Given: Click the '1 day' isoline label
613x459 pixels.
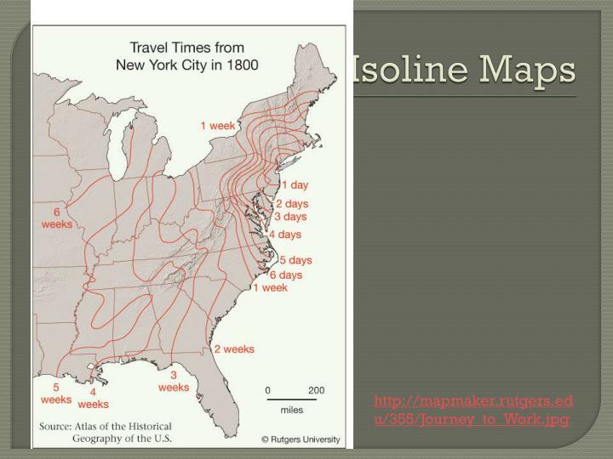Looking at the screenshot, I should (x=295, y=185).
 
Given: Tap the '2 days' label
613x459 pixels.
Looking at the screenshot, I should (x=291, y=204).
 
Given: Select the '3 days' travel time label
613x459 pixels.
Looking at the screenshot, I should (x=289, y=217).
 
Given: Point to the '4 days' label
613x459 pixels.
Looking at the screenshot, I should (x=285, y=235).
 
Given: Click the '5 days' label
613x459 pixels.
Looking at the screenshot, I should (x=295, y=260).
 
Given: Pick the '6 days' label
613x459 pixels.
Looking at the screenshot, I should (x=286, y=275).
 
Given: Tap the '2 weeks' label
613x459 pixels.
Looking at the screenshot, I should (x=233, y=349).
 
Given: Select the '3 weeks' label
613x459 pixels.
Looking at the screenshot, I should (x=174, y=381).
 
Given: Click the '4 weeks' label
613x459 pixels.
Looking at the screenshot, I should (x=93, y=398).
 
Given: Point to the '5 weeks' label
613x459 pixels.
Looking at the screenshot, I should (x=56, y=393).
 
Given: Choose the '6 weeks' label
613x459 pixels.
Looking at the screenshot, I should (x=57, y=218).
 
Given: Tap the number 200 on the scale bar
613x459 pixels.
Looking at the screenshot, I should (x=316, y=390).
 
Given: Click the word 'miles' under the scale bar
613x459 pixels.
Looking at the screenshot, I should (x=292, y=409).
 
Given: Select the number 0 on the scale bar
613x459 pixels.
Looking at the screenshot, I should (x=267, y=390).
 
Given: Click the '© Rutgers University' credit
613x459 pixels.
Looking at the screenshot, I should (x=300, y=439).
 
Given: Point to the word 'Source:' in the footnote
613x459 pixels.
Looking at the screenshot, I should (x=55, y=426).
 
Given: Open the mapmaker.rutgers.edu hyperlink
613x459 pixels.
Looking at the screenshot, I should (x=473, y=410).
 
